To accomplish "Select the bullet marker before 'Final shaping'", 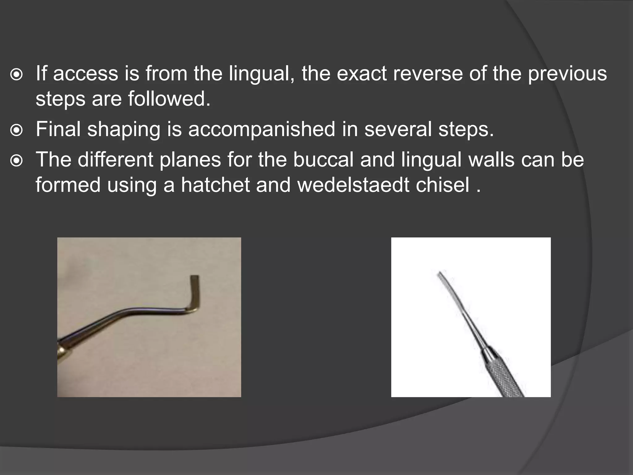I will [x=16, y=130].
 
